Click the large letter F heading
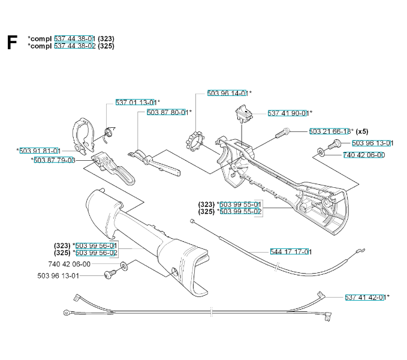point(11,42)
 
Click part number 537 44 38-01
point(74,39)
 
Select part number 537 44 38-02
point(74,46)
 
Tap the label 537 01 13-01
point(136,103)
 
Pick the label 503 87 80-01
point(167,112)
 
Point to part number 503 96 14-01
point(227,93)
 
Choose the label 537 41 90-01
point(288,113)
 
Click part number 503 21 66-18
point(330,131)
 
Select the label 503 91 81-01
point(40,151)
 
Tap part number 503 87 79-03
point(54,160)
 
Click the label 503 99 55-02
point(240,211)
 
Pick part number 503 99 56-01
point(97,245)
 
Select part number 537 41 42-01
point(365,297)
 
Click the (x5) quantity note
point(363,131)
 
